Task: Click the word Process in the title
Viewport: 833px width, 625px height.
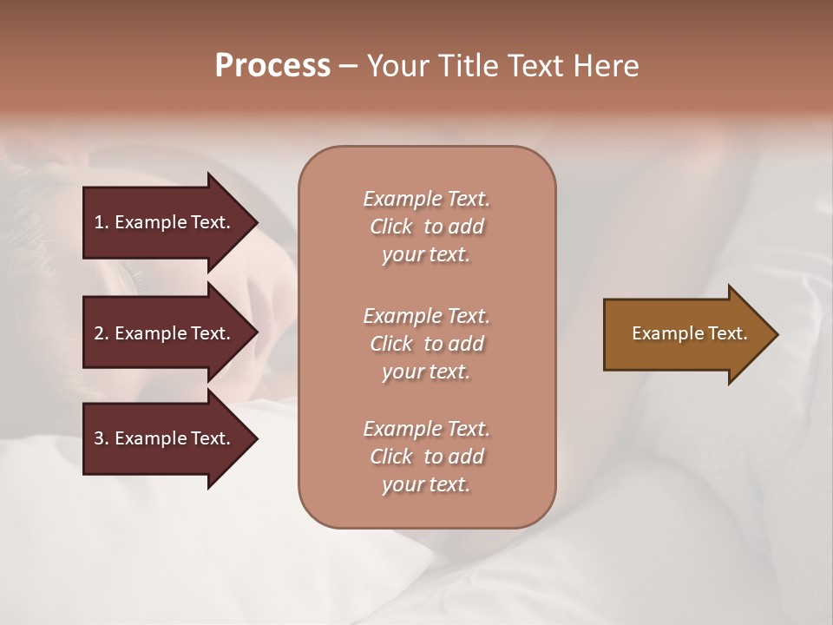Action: [272, 66]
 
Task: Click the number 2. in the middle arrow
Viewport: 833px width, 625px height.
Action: [101, 333]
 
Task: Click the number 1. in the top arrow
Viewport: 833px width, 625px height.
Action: [101, 222]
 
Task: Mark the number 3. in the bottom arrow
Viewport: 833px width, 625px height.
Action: [101, 438]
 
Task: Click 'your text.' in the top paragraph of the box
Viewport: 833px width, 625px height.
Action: [426, 255]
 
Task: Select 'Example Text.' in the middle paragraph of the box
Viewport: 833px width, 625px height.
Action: [426, 316]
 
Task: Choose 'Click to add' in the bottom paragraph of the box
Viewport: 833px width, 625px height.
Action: [426, 457]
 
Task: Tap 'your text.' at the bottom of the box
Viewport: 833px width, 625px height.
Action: [426, 485]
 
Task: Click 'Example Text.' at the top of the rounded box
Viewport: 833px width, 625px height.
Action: [426, 199]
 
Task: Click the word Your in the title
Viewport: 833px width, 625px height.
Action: [397, 66]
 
